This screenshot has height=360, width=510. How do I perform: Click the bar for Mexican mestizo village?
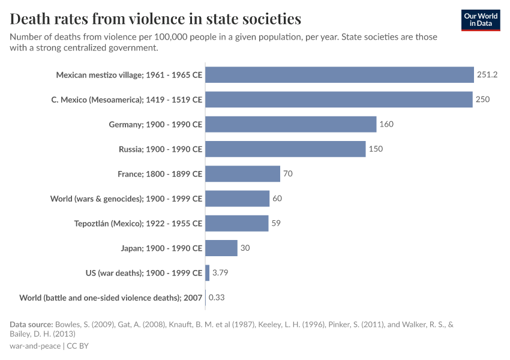click(340, 75)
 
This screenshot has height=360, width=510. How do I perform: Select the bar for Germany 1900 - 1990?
click(291, 124)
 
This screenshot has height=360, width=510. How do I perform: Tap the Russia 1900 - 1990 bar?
click(286, 149)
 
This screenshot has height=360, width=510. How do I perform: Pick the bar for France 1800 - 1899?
click(243, 174)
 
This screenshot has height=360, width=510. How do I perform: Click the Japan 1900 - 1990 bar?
click(221, 248)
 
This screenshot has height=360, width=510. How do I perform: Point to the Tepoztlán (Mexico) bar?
click(237, 223)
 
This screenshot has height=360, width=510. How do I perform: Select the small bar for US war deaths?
click(208, 273)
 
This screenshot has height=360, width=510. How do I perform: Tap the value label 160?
click(386, 124)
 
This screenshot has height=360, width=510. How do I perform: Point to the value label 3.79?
click(220, 273)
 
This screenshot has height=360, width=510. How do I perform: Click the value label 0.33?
click(217, 298)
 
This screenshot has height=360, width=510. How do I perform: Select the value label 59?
click(275, 223)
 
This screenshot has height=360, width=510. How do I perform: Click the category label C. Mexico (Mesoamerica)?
click(127, 100)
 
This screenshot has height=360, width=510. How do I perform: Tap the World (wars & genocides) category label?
click(126, 199)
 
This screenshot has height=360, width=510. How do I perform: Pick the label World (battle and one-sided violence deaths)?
click(111, 298)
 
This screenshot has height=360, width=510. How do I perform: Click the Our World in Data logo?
click(481, 20)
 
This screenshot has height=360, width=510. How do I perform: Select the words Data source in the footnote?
click(31, 325)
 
